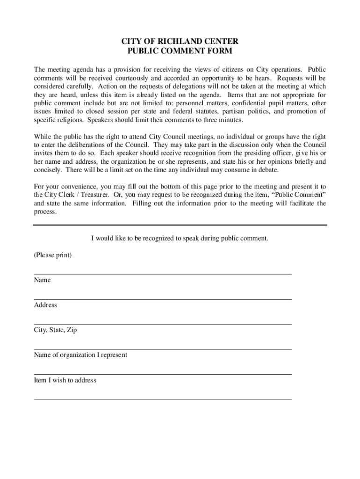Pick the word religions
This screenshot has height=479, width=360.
pos(68,120)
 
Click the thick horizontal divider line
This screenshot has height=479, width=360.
pos(180,225)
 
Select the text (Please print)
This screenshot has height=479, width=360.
pos(53,255)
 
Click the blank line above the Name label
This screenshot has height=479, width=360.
pos(162,274)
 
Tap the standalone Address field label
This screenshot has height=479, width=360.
pos(45,305)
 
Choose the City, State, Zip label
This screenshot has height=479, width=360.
pos(55,330)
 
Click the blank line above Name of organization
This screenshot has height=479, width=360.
pos(162,349)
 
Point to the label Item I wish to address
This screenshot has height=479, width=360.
pos(65,380)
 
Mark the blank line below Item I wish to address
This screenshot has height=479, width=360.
pos(162,399)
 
